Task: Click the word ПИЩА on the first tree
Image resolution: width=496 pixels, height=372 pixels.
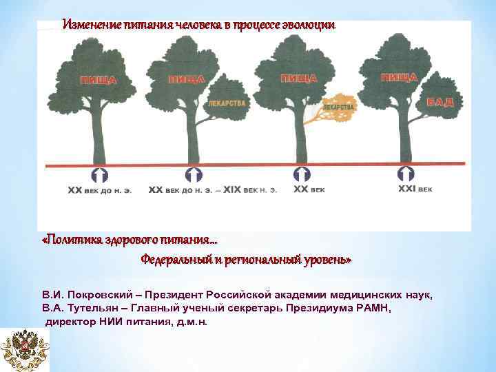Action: click(98, 80)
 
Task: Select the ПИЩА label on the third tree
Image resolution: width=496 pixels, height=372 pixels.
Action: click(298, 79)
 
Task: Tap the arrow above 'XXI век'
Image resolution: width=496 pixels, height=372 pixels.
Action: click(406, 172)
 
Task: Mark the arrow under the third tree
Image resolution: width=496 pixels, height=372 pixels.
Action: click(300, 174)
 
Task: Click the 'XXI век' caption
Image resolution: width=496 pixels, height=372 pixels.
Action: click(415, 187)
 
